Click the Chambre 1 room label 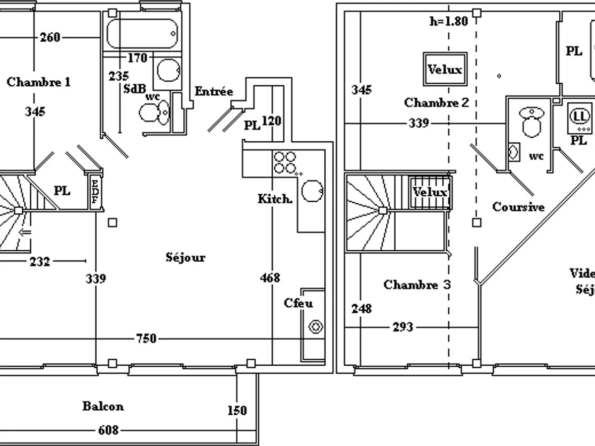tap(39, 82)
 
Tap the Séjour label tap(185, 257)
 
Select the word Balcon tap(103, 406)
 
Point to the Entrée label tap(214, 91)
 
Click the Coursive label tap(518, 207)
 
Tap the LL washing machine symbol tap(579, 117)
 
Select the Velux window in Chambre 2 tap(444, 69)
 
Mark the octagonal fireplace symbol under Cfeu tap(315, 327)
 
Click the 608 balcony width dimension tap(108, 430)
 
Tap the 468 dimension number tap(270, 278)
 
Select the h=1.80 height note tap(448, 22)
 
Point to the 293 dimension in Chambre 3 tap(402, 327)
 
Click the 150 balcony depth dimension tap(237, 411)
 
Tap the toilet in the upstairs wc tap(531, 122)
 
